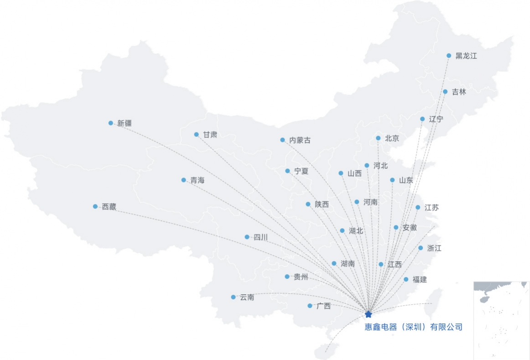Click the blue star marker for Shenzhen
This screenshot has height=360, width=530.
point(369,314)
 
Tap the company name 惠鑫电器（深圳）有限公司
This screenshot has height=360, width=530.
point(413,327)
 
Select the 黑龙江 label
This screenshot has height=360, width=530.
point(466,56)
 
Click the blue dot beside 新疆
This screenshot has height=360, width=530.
point(110,123)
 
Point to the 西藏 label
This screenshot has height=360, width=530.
point(109,207)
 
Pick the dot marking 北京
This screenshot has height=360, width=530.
point(378,138)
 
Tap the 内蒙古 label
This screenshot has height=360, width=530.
point(300,140)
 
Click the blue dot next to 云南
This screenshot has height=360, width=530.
point(233,297)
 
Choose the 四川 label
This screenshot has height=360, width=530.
point(260,237)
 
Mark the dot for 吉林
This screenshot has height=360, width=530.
point(445,92)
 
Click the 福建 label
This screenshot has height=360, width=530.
point(420,279)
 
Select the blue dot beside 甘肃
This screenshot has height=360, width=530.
point(196,134)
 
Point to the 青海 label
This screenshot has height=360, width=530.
point(197,180)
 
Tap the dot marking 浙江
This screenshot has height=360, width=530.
point(421,248)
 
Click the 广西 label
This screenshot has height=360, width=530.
point(323,306)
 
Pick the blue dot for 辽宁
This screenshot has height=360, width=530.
point(422,119)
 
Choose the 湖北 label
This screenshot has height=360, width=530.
point(356,231)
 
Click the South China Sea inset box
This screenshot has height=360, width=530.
point(501,320)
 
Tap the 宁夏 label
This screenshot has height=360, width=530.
point(301,171)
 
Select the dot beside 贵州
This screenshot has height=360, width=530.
point(287,277)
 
